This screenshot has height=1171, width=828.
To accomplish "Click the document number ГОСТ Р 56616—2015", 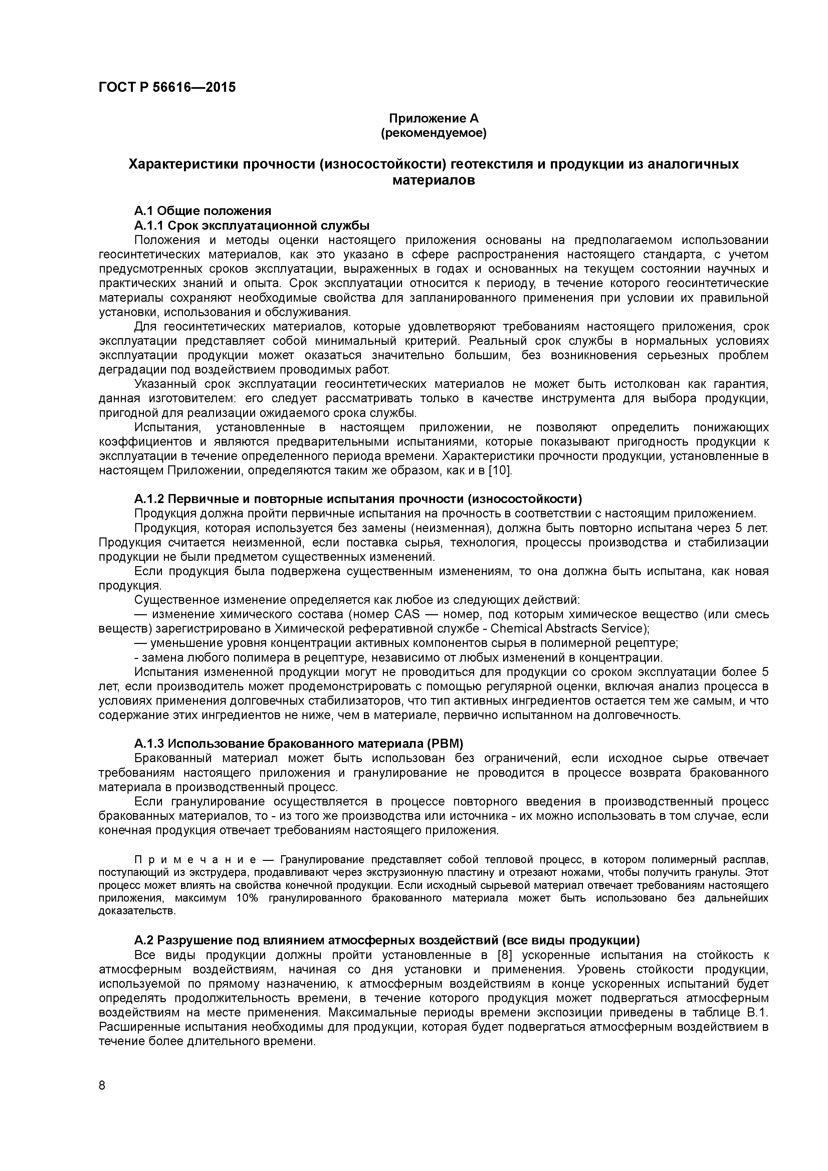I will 167,87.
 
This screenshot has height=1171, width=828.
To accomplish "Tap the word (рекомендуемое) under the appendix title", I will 434,133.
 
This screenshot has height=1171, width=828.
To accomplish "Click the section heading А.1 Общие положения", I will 203,211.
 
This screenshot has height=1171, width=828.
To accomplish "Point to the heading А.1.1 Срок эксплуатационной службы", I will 252,225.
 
